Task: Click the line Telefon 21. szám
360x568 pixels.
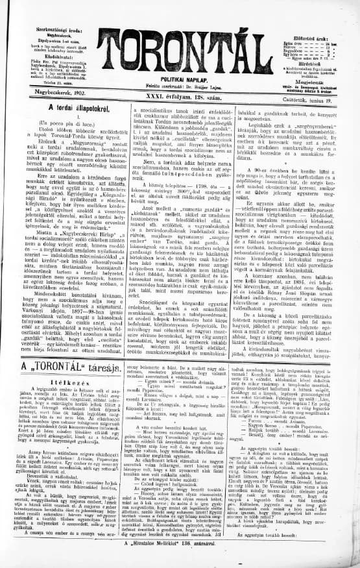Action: pyautogui.click(x=56, y=82)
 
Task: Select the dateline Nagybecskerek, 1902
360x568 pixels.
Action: pyautogui.click(x=55, y=95)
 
